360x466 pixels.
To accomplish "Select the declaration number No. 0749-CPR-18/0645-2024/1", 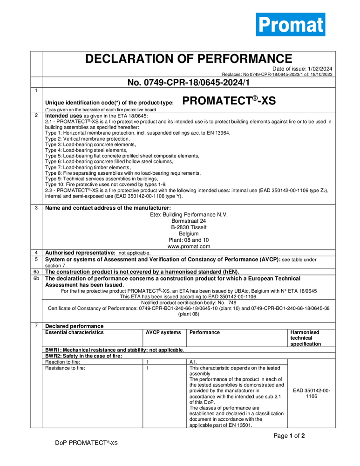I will (189, 82).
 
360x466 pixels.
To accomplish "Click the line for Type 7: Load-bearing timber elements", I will (88, 167).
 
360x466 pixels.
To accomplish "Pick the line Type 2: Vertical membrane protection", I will (81, 139).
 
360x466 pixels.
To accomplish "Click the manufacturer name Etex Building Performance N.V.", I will (189, 214).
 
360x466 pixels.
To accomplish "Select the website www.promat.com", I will (189, 247).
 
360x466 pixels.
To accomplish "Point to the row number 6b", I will (36, 278).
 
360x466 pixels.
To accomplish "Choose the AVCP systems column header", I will (163, 332).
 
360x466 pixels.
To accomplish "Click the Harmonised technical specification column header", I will (306, 338).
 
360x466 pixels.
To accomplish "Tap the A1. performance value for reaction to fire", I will (194, 362).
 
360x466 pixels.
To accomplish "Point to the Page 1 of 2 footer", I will (289, 436).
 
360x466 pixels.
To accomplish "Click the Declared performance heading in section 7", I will (75, 326).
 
